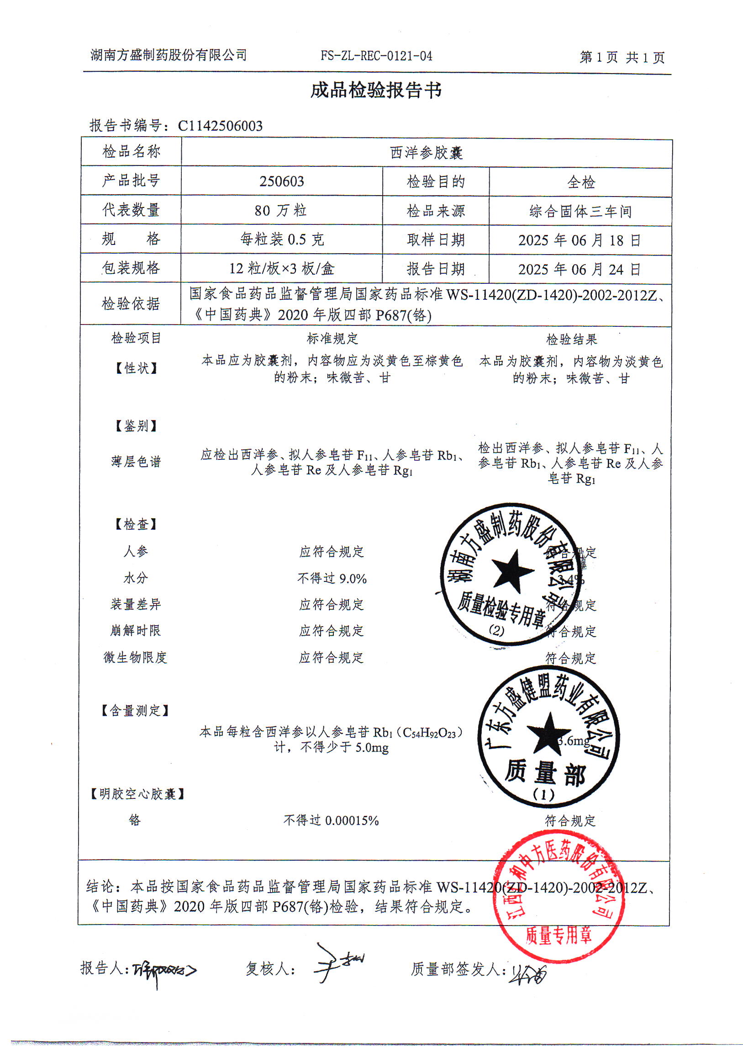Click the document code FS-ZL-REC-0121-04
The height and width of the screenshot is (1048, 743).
[376, 56]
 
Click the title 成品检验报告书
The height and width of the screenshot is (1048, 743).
[376, 90]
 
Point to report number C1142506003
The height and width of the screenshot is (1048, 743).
[220, 126]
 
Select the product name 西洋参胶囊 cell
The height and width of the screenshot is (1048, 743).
[427, 153]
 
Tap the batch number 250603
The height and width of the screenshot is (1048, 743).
[282, 182]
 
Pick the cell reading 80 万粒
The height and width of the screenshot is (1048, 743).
[281, 211]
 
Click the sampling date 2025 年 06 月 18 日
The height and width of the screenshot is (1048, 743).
[580, 240]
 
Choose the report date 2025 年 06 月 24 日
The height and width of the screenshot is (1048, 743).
[580, 269]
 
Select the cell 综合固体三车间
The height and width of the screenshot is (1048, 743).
[580, 212]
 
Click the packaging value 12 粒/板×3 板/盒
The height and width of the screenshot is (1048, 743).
[282, 268]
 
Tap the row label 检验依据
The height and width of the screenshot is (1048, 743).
[131, 303]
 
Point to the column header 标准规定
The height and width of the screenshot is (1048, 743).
[332, 339]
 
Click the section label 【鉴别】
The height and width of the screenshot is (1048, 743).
[136, 426]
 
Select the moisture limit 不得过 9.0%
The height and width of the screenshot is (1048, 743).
[332, 579]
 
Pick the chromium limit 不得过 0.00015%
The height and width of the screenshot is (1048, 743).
[331, 820]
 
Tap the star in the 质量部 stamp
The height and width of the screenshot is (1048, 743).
[548, 733]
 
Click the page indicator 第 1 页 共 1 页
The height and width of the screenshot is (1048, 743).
[622, 58]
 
